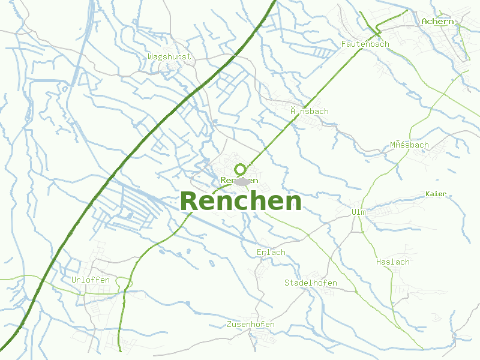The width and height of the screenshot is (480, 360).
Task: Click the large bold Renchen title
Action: click(240, 202)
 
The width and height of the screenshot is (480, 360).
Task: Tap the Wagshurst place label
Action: click(169, 57)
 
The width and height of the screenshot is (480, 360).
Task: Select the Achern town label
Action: click(437, 22)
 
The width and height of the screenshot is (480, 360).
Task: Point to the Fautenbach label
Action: click(365, 44)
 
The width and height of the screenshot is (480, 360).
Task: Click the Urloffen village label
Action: click(90, 280)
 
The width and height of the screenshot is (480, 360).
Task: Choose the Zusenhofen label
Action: click(251, 325)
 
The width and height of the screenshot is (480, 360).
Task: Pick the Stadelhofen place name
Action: click(310, 283)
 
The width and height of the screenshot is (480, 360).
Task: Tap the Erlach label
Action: click(271, 253)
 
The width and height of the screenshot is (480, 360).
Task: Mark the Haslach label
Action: click(392, 262)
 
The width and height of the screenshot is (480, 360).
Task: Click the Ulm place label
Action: click(358, 212)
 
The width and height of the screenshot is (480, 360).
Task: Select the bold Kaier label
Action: click(436, 194)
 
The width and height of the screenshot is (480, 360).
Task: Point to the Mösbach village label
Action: click(409, 145)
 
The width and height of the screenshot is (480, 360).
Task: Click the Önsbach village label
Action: click(309, 112)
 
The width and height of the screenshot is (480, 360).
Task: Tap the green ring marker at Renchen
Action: click(241, 170)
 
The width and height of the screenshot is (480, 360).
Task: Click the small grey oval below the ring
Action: click(242, 182)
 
